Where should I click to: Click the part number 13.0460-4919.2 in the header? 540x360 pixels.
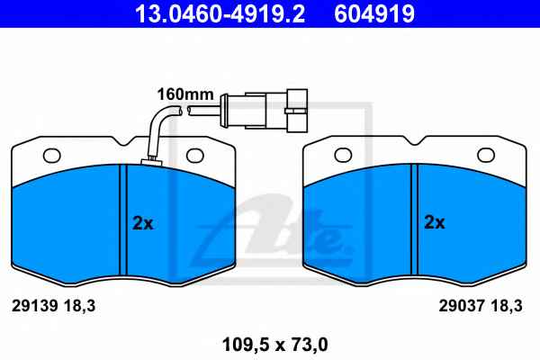(x=220, y=13)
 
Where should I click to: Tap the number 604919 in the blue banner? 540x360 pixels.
(x=374, y=13)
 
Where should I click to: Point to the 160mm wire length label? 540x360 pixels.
(x=185, y=94)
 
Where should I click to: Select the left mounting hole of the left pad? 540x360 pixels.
(x=51, y=156)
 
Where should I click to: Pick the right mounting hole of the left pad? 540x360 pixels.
(x=195, y=156)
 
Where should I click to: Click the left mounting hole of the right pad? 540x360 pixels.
(x=343, y=155)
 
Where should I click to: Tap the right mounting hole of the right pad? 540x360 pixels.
(x=486, y=155)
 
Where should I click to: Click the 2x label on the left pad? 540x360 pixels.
(x=143, y=223)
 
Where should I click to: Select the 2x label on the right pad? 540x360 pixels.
(x=435, y=222)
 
